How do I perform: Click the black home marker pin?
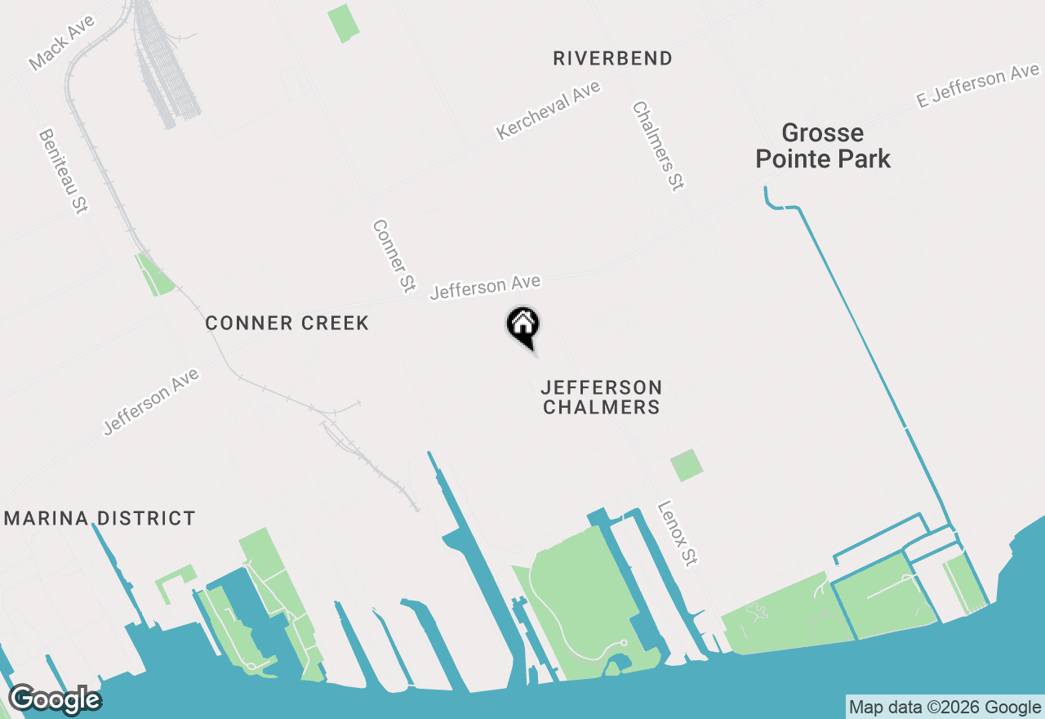point(522,326)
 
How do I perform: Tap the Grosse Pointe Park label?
point(822,145)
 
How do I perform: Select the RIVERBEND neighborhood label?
point(612,58)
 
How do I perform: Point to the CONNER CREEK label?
point(287,323)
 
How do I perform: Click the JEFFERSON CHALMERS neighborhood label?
point(602,396)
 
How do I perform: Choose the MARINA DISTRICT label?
point(100,518)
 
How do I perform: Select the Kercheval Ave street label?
point(548,110)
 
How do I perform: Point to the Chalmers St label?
point(657,146)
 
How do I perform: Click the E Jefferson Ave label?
point(976,87)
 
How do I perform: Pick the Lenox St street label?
point(678,534)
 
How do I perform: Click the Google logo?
point(55,699)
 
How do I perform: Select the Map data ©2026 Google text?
point(945,707)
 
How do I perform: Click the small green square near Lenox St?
point(686,465)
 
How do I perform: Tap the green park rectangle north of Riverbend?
point(343,23)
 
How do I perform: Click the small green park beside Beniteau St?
point(155,275)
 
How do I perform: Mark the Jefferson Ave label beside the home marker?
point(485,287)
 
